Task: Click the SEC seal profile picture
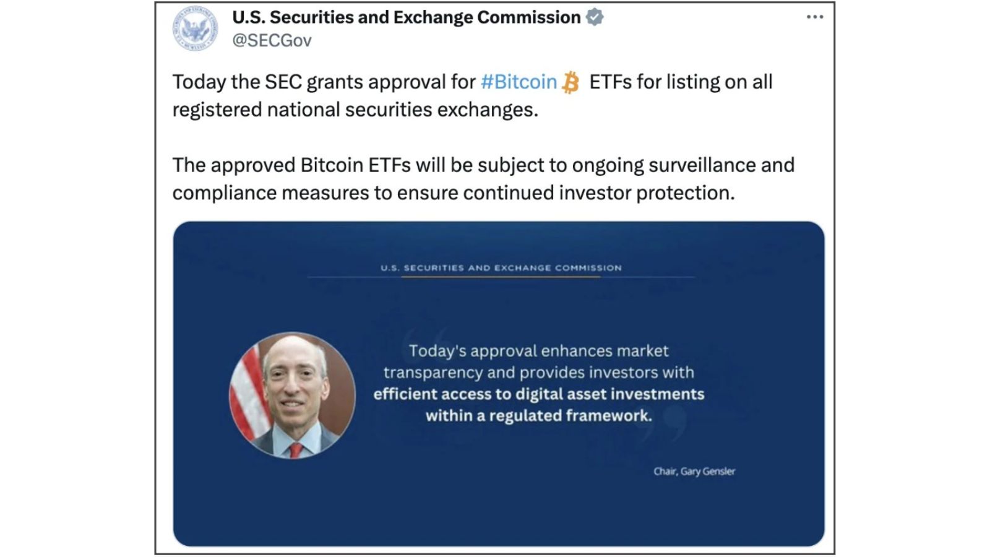tap(195, 28)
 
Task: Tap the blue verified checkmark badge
tap(595, 17)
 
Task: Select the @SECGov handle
tap(272, 41)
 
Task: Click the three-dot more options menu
tap(814, 17)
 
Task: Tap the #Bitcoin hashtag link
tap(519, 82)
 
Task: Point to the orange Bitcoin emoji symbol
tap(570, 83)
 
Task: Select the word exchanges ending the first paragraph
tap(488, 110)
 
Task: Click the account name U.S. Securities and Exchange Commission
tap(406, 17)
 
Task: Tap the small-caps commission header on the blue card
tap(501, 268)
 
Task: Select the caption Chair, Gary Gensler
tap(694, 472)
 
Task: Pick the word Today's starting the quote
tap(437, 352)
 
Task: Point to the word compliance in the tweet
tap(225, 193)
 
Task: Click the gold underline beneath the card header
tap(501, 277)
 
